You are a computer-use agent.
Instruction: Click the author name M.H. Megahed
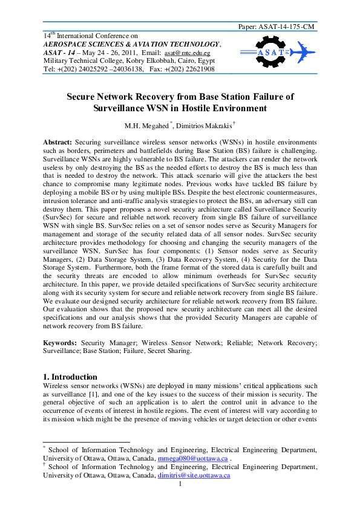point(148,126)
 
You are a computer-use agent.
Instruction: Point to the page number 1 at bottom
point(180,484)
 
